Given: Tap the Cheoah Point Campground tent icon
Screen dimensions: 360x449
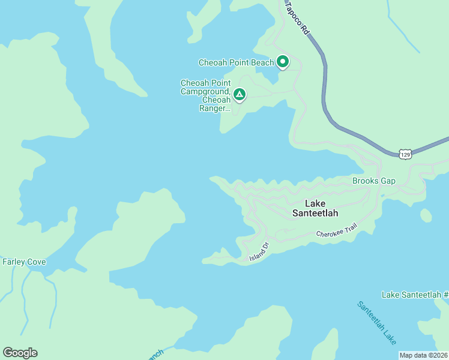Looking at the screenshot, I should tap(239, 94).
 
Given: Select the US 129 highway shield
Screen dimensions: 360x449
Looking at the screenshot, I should tap(406, 154).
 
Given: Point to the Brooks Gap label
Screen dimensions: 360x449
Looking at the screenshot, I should tap(374, 181).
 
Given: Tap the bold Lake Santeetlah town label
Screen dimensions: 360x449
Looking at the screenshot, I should tap(315, 208).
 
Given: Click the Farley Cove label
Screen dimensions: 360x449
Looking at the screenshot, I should tap(24, 262).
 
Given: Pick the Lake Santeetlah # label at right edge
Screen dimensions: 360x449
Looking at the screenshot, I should tap(415, 295).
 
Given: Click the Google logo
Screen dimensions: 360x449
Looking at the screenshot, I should tap(20, 353).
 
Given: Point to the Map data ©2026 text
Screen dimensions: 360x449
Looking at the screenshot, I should tap(423, 355).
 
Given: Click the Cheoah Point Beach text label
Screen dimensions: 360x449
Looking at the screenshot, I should tap(236, 62).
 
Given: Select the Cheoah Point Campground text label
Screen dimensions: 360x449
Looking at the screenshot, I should tap(205, 88).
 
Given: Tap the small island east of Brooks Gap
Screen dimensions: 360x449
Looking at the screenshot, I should tap(426, 215).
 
